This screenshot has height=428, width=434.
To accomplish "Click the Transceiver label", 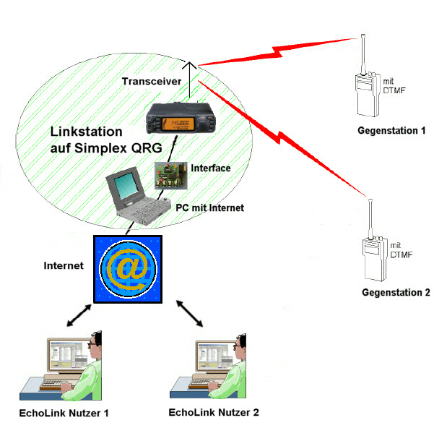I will click(x=151, y=81).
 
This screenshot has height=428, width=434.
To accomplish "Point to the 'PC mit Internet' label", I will click(x=209, y=207).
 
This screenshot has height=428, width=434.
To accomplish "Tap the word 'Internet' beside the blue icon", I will click(x=64, y=266).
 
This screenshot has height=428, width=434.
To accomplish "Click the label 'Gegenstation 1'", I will click(x=391, y=131).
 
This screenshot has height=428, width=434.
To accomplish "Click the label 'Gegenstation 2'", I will click(x=396, y=293).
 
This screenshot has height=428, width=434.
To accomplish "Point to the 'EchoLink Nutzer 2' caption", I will click(x=213, y=413).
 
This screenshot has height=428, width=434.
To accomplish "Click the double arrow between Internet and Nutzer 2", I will click(x=190, y=314).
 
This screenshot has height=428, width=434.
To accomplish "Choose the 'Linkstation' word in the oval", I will click(x=87, y=134).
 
